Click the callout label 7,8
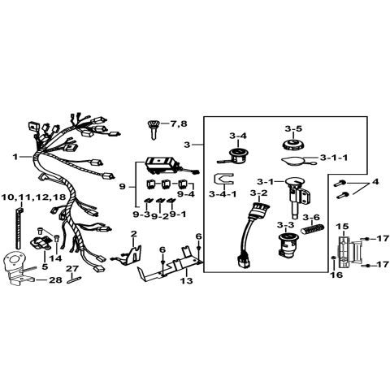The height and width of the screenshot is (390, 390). point(179,123)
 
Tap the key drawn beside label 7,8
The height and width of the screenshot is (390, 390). point(154,130)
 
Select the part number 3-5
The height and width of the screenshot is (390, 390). point(293,128)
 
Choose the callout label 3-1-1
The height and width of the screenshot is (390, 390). point(334,158)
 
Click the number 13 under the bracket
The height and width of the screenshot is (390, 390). point(187,280)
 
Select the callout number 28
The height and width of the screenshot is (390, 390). point(55,279)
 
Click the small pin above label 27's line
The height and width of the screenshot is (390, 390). point(74,280)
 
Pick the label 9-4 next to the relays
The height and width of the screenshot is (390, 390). point(186,194)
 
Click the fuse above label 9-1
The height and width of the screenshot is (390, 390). point(171,201)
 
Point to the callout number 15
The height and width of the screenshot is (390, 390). point(342,226)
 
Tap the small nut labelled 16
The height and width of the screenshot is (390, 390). point(334,258)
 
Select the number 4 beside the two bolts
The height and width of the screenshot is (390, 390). point(375,182)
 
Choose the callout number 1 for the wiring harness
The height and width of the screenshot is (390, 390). point(15,157)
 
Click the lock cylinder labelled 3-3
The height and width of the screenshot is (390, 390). point(288,245)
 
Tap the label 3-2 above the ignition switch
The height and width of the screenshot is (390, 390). point(258,193)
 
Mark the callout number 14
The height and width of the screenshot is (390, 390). point(55,258)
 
